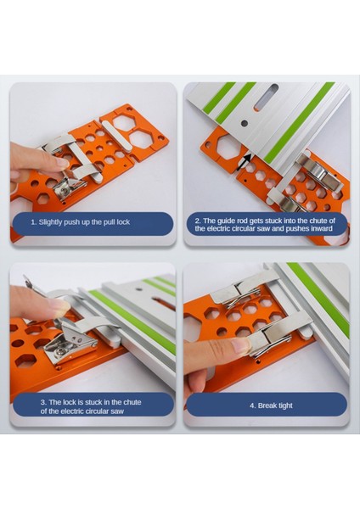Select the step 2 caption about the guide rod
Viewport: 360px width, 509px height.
pyautogui.click(x=267, y=223)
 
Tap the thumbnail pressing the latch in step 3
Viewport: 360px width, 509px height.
pyautogui.click(x=58, y=305)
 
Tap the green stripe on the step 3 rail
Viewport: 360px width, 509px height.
pyautogui.click(x=136, y=314)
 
